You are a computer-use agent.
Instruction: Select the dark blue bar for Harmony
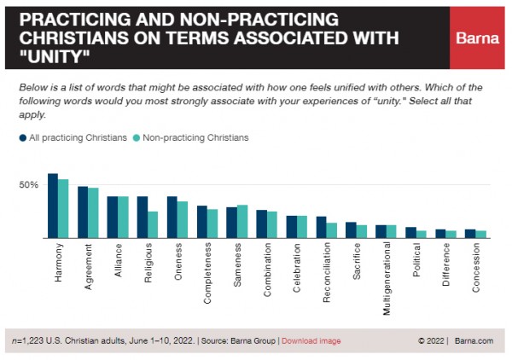[53, 206]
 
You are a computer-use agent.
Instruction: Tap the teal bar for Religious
[153, 224]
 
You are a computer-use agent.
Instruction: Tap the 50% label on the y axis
[28, 185]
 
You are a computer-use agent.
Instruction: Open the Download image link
[311, 341]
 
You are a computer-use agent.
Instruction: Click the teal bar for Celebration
[303, 227]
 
